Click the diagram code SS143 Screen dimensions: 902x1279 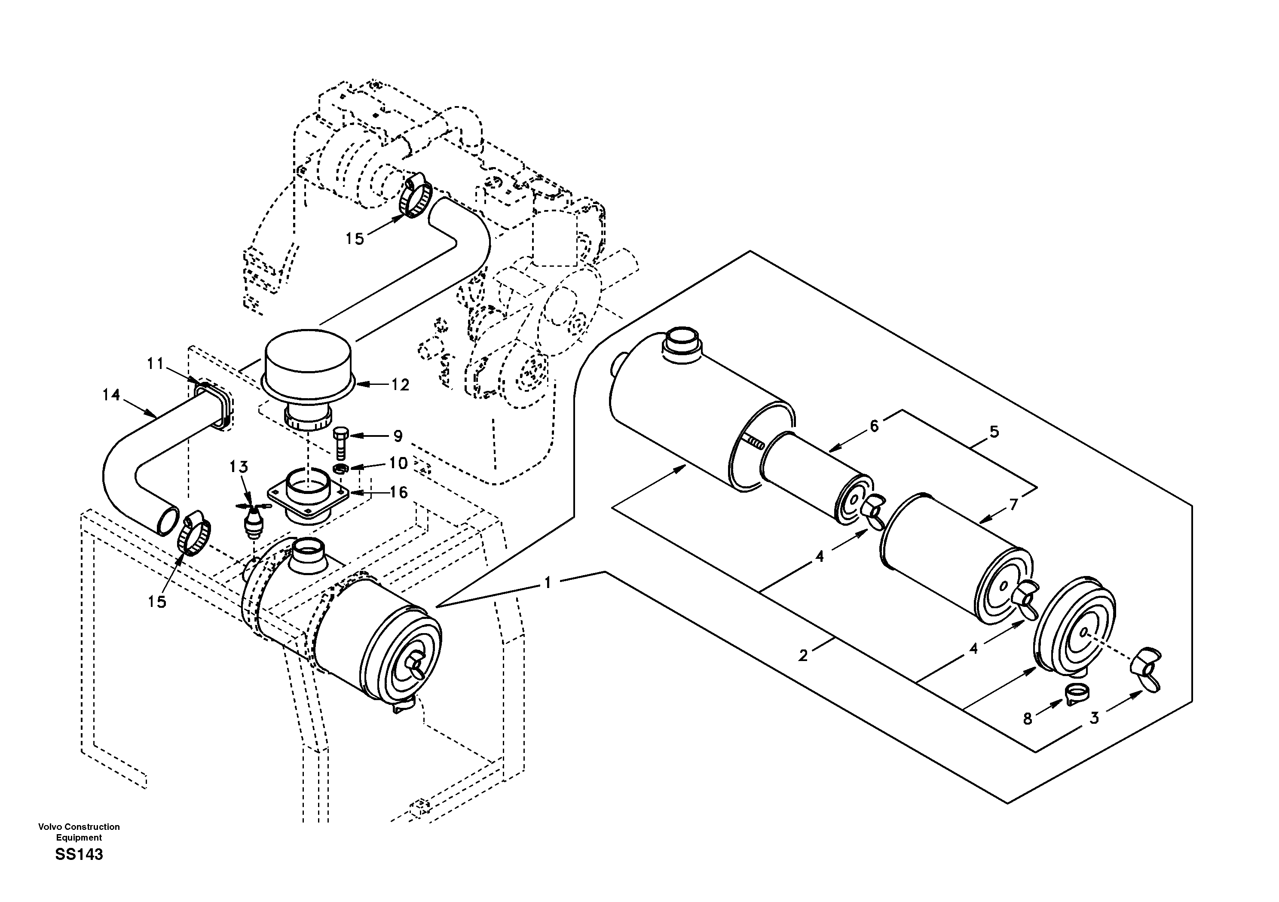79,854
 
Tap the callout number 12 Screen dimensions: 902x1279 401,385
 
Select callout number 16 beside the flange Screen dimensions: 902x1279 398,492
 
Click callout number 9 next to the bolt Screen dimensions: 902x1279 398,436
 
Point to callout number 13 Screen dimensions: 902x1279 239,466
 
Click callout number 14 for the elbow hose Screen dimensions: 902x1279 111,395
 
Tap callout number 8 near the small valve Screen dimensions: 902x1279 1028,719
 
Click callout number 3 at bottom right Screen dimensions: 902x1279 1094,718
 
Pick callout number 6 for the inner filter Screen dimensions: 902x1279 874,426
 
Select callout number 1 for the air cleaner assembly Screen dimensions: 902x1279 548,583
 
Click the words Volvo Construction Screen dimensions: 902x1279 79,827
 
